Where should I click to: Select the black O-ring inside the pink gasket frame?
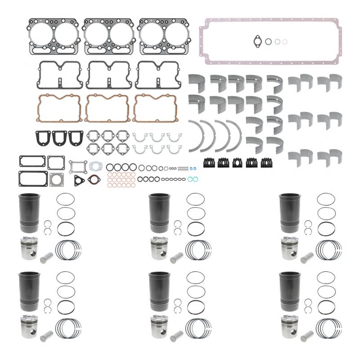pyautogui.click(x=268, y=41)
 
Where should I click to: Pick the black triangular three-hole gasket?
pyautogui.click(x=80, y=180)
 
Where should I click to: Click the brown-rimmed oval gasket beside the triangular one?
pyautogui.click(x=93, y=179)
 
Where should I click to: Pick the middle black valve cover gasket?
pyautogui.click(x=108, y=75)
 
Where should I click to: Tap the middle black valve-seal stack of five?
pyautogui.click(x=237, y=162)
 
